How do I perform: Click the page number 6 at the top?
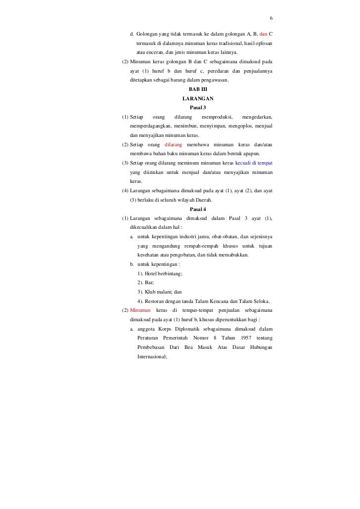[x=271, y=19]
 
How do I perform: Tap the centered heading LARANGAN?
[x=198, y=99]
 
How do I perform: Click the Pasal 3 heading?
[x=198, y=108]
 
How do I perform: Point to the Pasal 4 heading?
[x=198, y=210]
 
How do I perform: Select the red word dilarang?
[x=173, y=145]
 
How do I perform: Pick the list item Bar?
[x=146, y=283]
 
